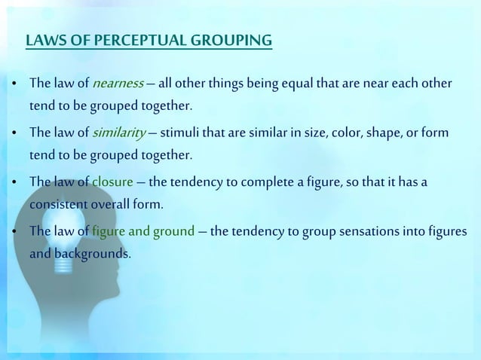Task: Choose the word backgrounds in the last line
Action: coord(79,254)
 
